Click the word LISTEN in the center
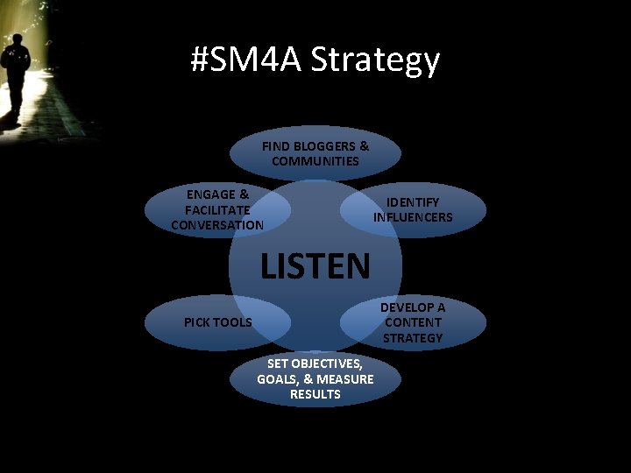(315, 265)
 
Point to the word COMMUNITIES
(315, 161)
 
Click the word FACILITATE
(217, 210)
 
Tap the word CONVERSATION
(217, 225)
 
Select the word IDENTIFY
(413, 202)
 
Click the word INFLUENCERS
(413, 217)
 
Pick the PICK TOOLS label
(217, 322)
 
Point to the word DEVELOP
(413, 307)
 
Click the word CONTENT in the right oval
(413, 322)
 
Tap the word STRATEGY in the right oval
(413, 337)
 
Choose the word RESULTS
(315, 394)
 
